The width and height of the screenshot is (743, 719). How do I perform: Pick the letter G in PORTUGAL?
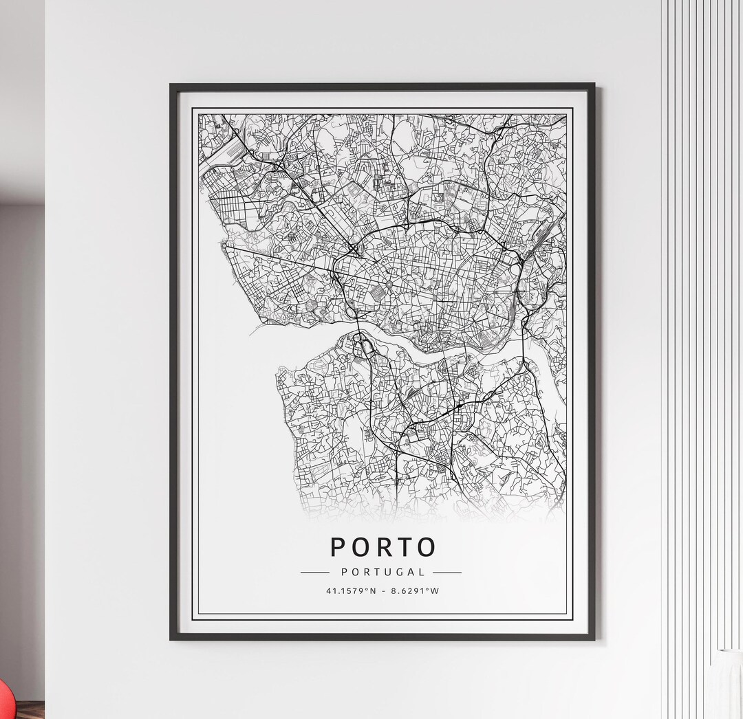coord(401,572)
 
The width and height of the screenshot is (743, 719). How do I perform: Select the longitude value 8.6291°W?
coord(414,590)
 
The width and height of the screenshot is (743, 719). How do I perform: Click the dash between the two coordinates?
coord(383,590)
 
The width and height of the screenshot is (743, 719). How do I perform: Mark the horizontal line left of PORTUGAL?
coord(315,572)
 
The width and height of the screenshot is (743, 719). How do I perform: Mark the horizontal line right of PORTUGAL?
coord(447,572)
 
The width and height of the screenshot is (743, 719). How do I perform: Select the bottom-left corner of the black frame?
coord(172,639)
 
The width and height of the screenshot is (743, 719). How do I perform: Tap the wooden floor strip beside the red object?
coord(28,711)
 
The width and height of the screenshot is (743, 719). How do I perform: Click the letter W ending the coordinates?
coord(435,590)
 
